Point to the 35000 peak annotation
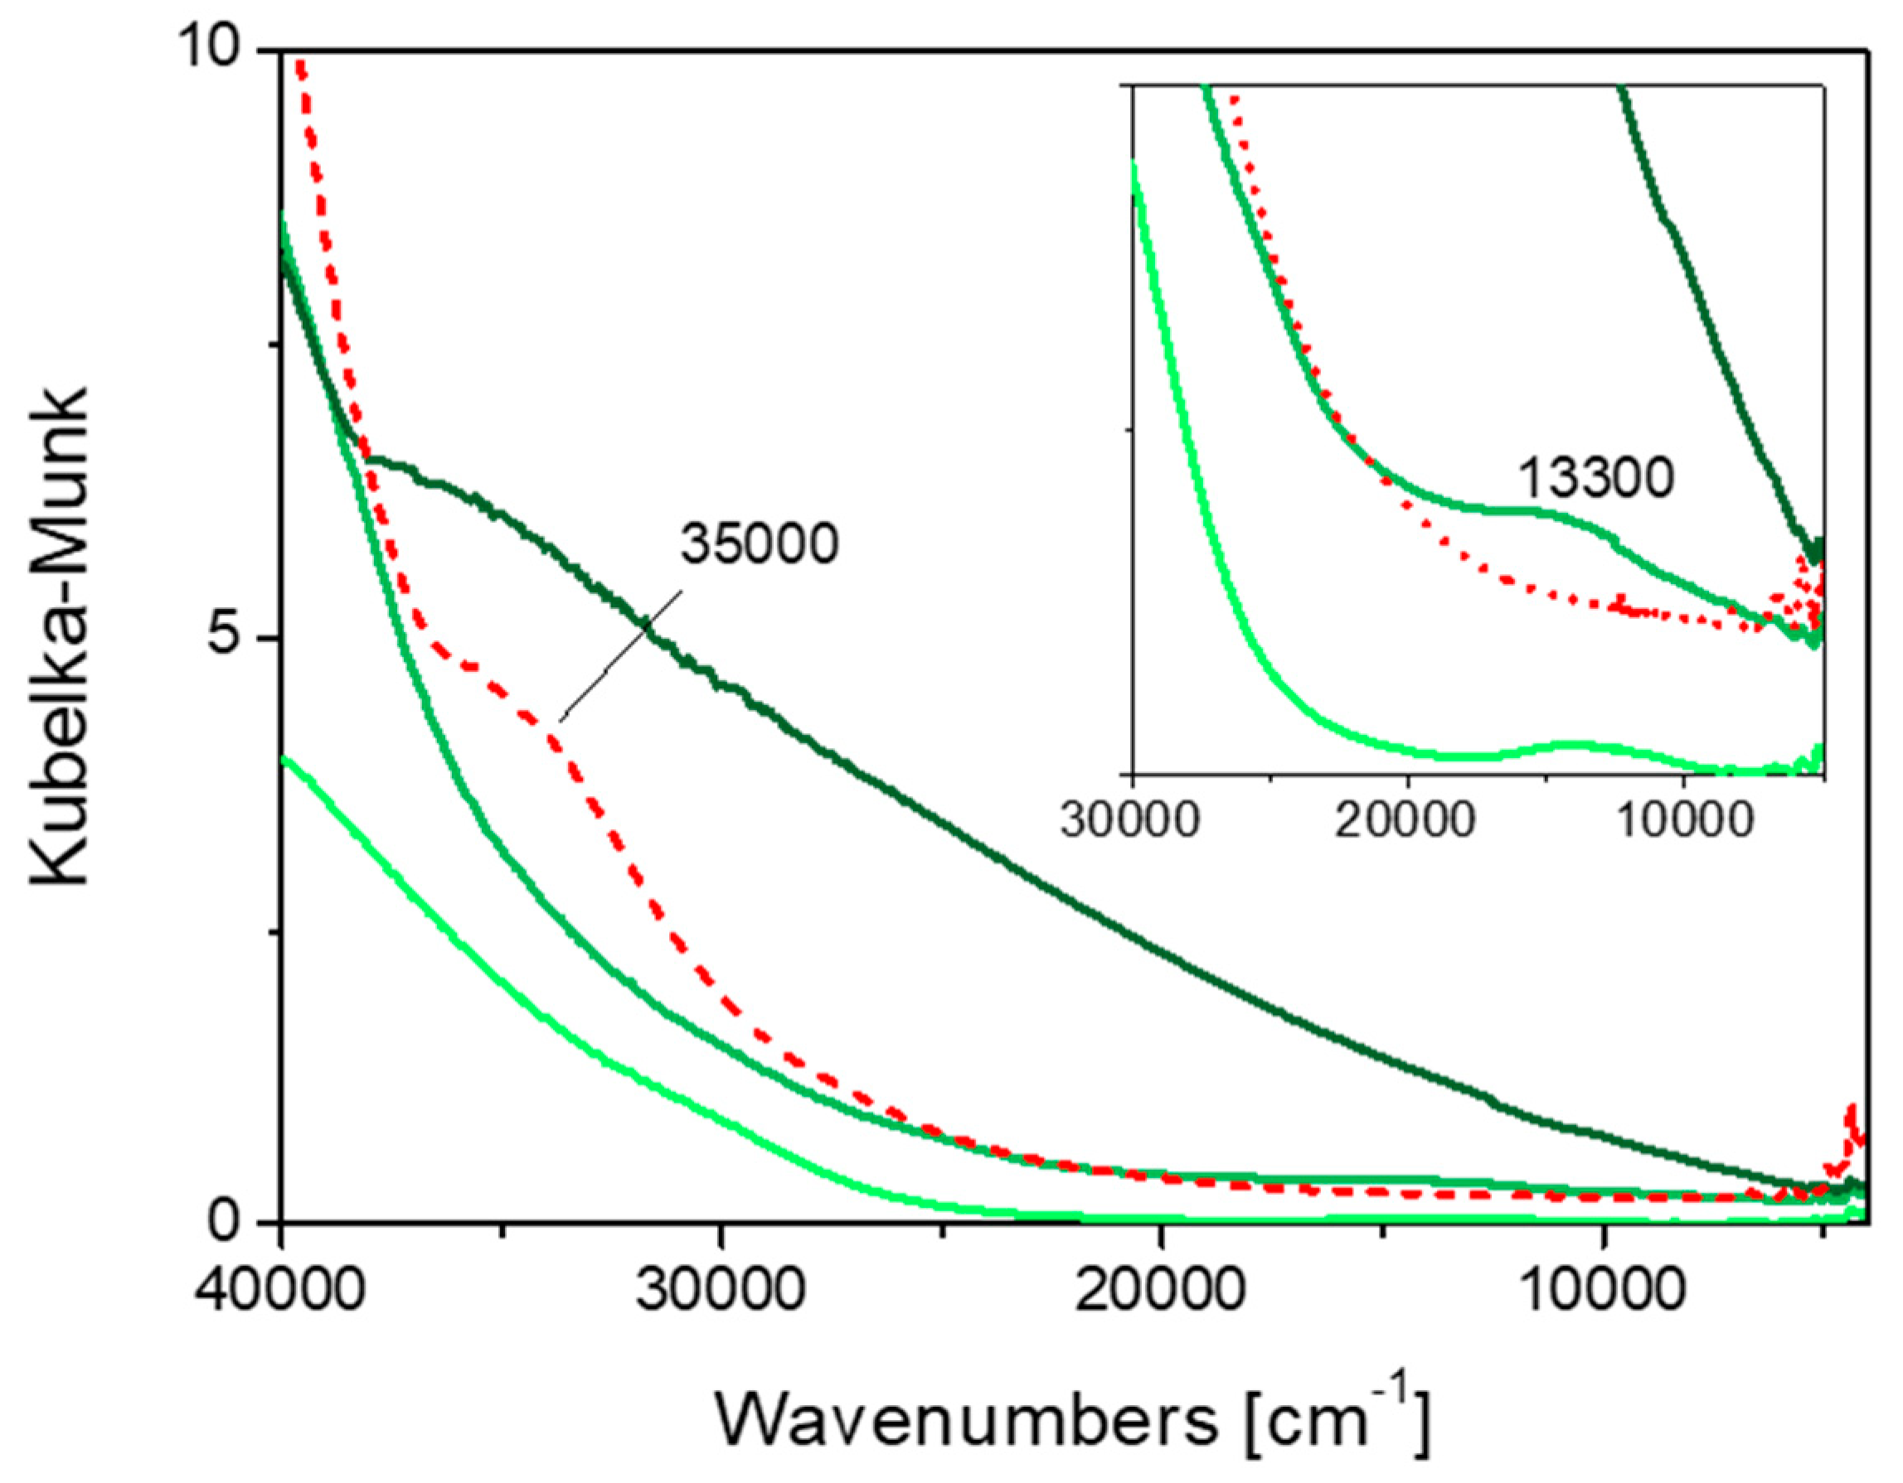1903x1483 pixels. click(x=759, y=545)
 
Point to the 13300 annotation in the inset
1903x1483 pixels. click(x=1596, y=479)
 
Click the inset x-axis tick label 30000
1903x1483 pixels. click(x=1130, y=820)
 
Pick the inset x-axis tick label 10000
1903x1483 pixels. click(x=1683, y=820)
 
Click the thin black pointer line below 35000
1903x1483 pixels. click(x=620, y=655)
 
